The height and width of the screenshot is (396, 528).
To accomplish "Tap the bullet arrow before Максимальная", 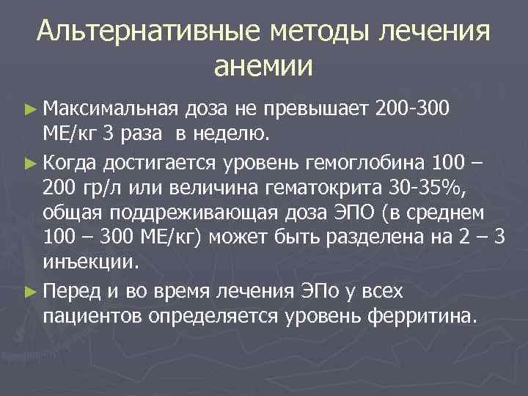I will click(x=29, y=111).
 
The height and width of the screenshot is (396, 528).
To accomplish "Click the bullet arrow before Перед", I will click(x=29, y=292).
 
